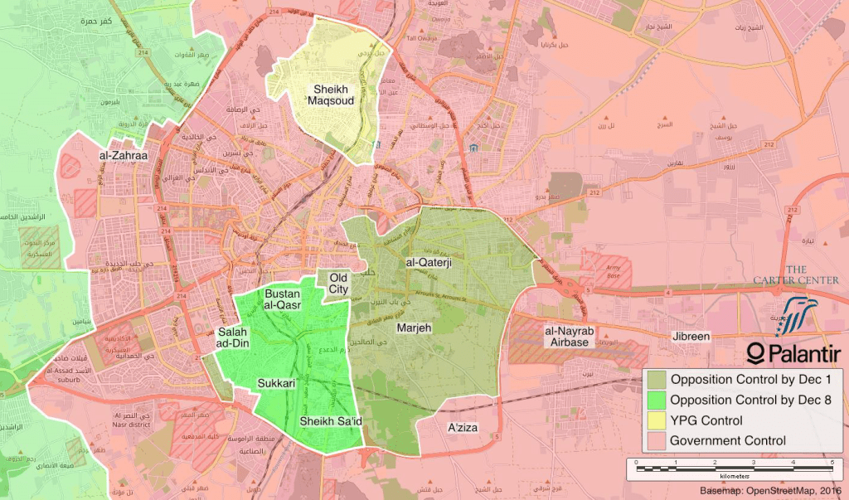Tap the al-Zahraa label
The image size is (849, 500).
(123, 156)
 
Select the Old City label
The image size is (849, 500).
(339, 284)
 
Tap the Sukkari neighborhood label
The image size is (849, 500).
(276, 384)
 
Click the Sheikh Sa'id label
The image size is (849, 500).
(332, 421)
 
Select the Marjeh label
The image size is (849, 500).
(415, 328)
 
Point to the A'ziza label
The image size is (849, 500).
(463, 428)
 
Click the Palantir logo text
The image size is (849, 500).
(794, 355)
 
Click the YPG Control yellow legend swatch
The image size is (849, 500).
(657, 421)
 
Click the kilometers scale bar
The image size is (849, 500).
(734, 468)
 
